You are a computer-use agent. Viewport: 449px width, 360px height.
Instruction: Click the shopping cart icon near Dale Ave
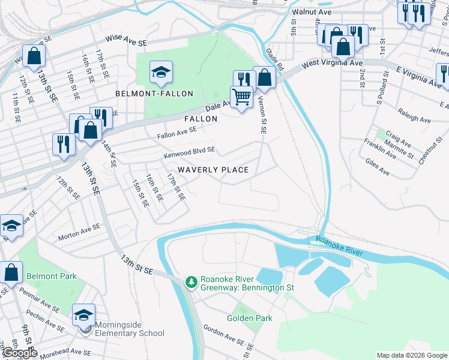tap(241, 97)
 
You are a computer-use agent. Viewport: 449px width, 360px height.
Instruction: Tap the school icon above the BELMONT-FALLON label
tap(160, 73)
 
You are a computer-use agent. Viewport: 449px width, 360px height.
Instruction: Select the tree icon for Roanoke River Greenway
tap(191, 281)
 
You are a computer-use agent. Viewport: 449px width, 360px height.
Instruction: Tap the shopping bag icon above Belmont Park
tap(12, 272)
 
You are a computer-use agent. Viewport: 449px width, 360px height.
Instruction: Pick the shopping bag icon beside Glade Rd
tap(264, 77)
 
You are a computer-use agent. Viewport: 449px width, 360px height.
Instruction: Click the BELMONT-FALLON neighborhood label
tap(155, 94)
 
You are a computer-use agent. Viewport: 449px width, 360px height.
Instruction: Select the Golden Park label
tap(250, 318)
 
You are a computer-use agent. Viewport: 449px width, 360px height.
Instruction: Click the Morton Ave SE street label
tap(79, 234)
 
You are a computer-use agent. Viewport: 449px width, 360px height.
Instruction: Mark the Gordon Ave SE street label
tap(223, 336)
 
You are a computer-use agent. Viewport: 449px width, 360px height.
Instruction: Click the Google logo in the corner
tap(20, 353)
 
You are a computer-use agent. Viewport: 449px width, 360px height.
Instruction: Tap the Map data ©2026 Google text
tap(411, 355)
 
